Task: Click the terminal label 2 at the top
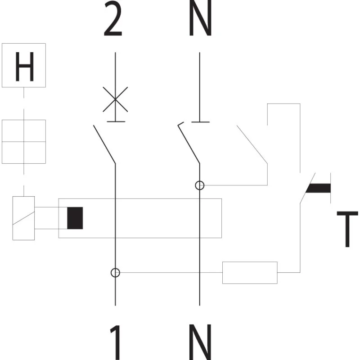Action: tap(113, 18)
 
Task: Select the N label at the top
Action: tap(200, 18)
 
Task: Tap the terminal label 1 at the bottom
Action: tap(116, 342)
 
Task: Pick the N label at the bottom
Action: tap(200, 342)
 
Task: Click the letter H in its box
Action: tap(25, 67)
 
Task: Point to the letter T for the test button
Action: tap(347, 229)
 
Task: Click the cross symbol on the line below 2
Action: tap(115, 99)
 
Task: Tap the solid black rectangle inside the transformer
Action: tap(75, 218)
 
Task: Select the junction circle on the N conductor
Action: tap(199, 185)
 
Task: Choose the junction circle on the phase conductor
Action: tap(115, 273)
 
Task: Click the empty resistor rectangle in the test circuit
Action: tap(250, 273)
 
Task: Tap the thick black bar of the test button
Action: tap(319, 188)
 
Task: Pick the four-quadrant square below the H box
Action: tap(24, 142)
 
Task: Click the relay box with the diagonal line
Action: tap(24, 218)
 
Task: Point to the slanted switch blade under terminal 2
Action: tap(104, 144)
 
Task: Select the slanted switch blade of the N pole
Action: tap(189, 143)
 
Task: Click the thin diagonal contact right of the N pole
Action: tap(252, 144)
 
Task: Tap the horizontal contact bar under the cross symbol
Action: tap(116, 121)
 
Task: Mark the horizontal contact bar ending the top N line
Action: tap(200, 122)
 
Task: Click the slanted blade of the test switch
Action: tap(308, 188)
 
